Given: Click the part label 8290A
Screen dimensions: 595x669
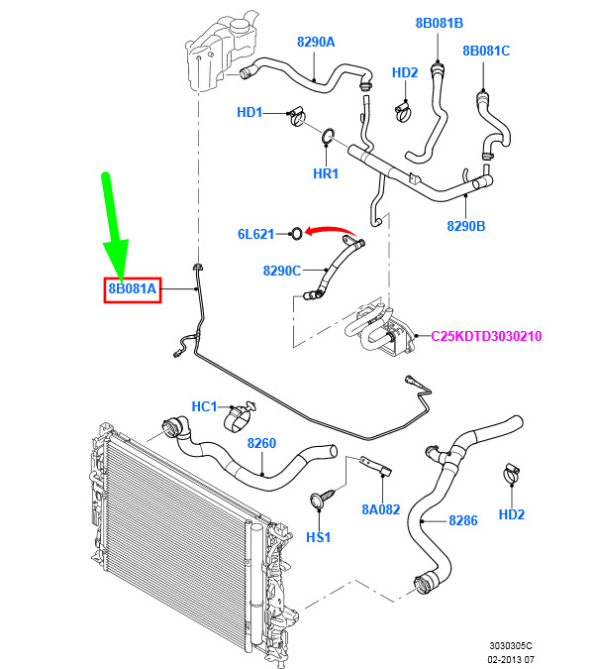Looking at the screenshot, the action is point(316,42).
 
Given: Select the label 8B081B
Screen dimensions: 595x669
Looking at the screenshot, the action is point(439,23).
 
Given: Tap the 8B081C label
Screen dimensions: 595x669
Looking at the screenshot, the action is point(486,51).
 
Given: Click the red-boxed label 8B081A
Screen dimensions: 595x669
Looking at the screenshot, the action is point(133,288).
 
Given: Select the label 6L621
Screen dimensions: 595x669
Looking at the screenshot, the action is point(255,234).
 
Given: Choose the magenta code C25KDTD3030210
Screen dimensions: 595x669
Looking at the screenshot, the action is point(486,336).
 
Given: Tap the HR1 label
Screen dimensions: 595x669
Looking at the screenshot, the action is point(326,173).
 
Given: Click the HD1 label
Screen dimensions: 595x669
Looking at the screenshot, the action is point(249,112).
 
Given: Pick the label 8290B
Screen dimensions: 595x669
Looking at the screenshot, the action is point(466,226).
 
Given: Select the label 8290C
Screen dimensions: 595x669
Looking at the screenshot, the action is point(282,271).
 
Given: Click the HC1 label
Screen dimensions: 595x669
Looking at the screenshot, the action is point(205,406).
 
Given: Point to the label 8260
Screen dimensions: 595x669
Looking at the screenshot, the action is point(261,443).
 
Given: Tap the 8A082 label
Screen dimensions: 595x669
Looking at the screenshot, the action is point(381,509).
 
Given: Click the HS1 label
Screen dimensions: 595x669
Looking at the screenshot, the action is point(319,537).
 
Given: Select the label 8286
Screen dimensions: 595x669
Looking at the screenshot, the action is point(463,520).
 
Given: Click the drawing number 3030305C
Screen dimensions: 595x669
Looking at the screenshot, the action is point(511,646).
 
